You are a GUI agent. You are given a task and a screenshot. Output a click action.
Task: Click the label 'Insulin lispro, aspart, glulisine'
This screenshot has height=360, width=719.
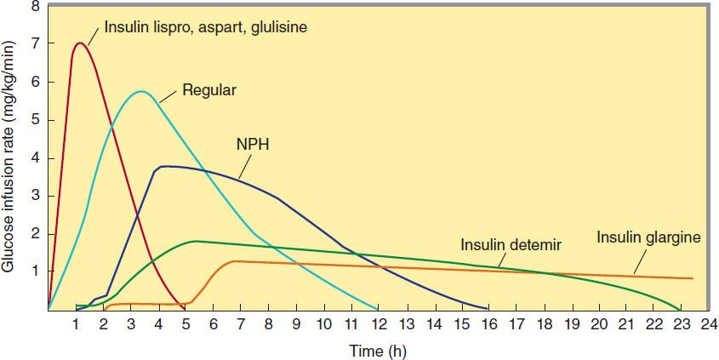[205, 27]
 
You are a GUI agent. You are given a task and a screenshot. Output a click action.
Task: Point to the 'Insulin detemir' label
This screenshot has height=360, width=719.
[511, 245]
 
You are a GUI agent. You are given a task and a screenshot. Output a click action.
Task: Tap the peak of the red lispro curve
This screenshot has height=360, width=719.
[80, 43]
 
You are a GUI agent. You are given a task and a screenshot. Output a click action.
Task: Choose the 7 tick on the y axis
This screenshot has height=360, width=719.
[35, 43]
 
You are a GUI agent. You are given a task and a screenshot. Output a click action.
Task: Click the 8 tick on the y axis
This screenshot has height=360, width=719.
[35, 6]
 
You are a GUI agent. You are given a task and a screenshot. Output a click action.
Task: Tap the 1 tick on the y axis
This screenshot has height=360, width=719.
[35, 271]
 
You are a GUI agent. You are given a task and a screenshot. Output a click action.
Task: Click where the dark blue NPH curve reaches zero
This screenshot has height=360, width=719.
[488, 308]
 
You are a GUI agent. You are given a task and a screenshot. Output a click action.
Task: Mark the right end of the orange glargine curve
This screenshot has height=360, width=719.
[693, 278]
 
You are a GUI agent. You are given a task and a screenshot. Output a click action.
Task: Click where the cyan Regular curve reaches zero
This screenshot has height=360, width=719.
[377, 308]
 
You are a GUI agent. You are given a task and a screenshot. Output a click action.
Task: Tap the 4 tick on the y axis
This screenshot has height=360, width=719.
[35, 157]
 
